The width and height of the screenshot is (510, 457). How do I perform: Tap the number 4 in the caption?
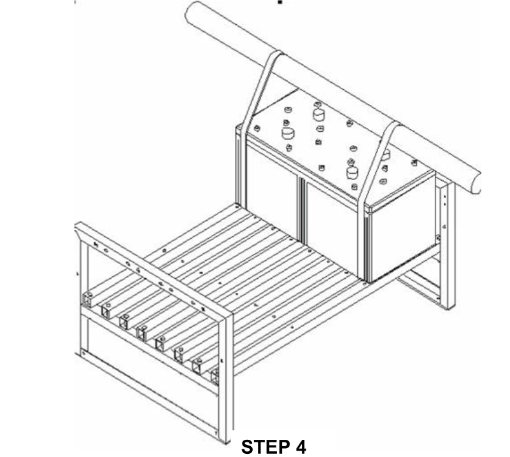click(x=299, y=447)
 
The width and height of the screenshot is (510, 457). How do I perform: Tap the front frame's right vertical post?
click(x=225, y=376)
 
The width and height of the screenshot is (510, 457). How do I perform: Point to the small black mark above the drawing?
click(x=280, y=2)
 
